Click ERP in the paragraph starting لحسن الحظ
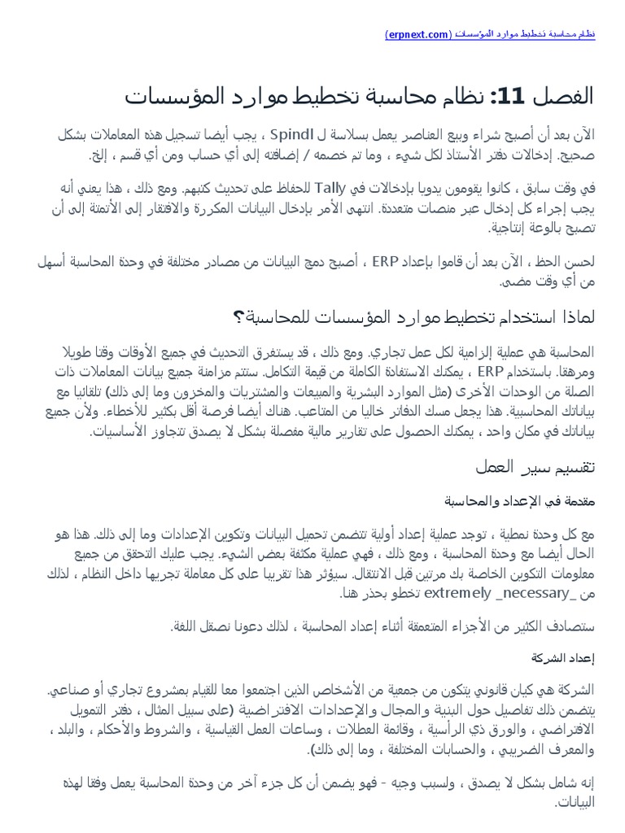(385, 262)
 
